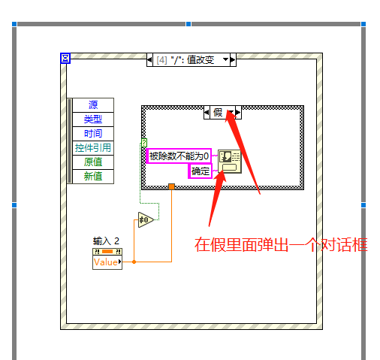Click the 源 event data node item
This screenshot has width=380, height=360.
(x=93, y=105)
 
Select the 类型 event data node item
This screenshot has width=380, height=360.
(x=93, y=119)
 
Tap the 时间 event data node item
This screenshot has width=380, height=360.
(x=93, y=134)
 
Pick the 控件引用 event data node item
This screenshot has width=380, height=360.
(x=93, y=148)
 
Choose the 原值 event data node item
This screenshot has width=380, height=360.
(x=93, y=162)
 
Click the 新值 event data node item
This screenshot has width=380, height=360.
(x=93, y=177)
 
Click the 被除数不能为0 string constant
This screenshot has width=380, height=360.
(x=179, y=156)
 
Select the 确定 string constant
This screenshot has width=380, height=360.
(x=201, y=171)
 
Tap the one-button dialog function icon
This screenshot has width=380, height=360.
(x=230, y=162)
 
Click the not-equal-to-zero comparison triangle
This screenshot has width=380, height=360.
(x=145, y=220)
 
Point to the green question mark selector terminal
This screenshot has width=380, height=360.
(x=144, y=143)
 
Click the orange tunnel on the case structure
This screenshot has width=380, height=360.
(x=171, y=186)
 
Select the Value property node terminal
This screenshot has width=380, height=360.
(x=107, y=262)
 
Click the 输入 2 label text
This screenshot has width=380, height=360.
(x=106, y=241)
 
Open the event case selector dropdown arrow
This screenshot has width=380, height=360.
(x=225, y=59)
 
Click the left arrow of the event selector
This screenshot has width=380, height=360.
(x=149, y=60)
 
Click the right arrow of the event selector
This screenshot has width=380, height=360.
(x=233, y=60)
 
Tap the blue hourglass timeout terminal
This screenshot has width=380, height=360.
(x=65, y=59)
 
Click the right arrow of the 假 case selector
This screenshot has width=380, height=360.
(x=238, y=113)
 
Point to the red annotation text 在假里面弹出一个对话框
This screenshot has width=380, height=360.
(x=281, y=245)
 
